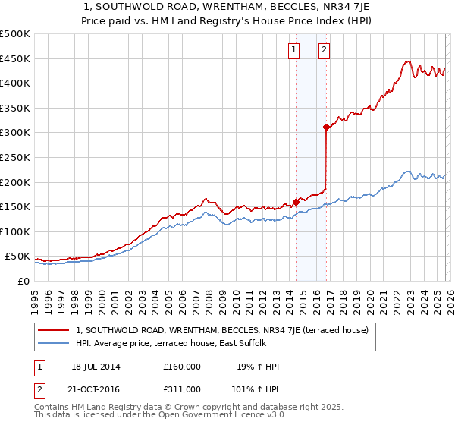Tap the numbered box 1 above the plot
coord(293,51)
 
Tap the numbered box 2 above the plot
coord(324,51)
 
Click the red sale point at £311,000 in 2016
coord(326,127)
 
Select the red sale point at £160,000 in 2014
coord(296,202)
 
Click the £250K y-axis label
coord(15,157)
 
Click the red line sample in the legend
coord(54,330)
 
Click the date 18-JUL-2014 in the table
coord(96,367)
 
